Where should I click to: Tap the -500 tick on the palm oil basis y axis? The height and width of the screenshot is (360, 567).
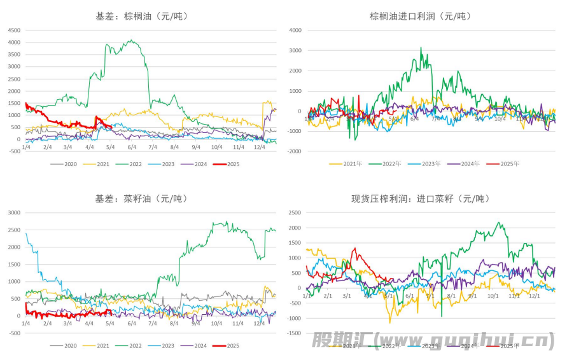[x=13, y=151]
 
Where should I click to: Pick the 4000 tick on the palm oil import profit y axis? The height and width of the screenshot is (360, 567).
[x=295, y=30]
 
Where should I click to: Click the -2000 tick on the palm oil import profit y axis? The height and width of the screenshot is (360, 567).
[x=293, y=151]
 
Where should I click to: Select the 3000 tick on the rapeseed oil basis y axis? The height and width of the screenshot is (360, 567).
[x=13, y=212]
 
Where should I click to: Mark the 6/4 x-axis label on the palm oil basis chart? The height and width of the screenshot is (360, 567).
[x=132, y=147]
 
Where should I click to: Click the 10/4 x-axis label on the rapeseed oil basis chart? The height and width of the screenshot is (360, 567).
[x=216, y=324]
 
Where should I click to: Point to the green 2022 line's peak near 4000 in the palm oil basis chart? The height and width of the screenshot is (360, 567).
[x=131, y=41]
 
